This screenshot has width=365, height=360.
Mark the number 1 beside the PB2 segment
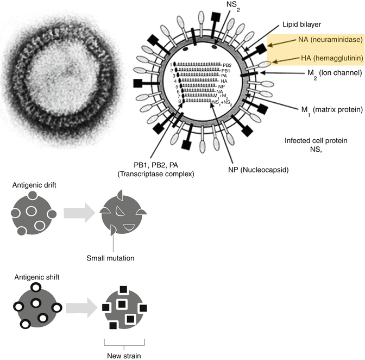click(x=171, y=65)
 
